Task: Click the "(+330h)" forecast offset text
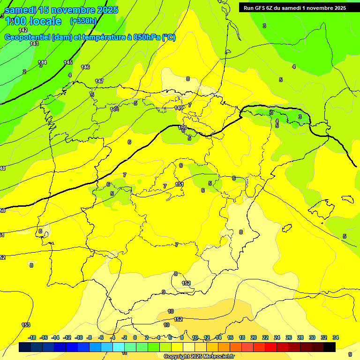(x=83, y=21)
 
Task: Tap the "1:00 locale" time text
(x=33, y=21)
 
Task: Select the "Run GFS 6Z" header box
(x=295, y=8)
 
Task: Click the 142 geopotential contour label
(x=23, y=30)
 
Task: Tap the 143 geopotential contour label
(x=34, y=44)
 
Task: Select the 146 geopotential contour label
(x=85, y=67)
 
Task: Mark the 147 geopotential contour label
(x=99, y=81)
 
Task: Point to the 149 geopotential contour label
(x=179, y=108)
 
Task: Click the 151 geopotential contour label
(x=180, y=184)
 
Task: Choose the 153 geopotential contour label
(x=26, y=325)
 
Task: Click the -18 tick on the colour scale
(x=32, y=337)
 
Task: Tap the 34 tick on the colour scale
(x=335, y=337)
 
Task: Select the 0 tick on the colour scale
(x=135, y=337)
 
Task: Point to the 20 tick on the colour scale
(x=253, y=337)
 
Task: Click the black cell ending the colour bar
(x=330, y=347)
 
